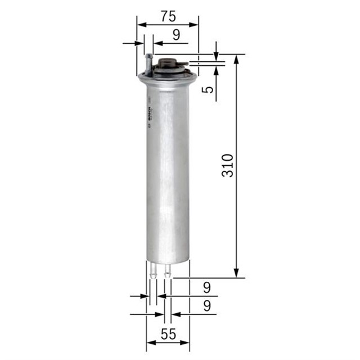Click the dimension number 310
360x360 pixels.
tap(227, 166)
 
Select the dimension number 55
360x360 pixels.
tap(168, 334)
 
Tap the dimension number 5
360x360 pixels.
tap(208, 89)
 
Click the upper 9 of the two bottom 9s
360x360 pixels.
tap(206, 288)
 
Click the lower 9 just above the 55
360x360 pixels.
tap(206, 307)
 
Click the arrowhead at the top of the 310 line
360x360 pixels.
tap(236, 58)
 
